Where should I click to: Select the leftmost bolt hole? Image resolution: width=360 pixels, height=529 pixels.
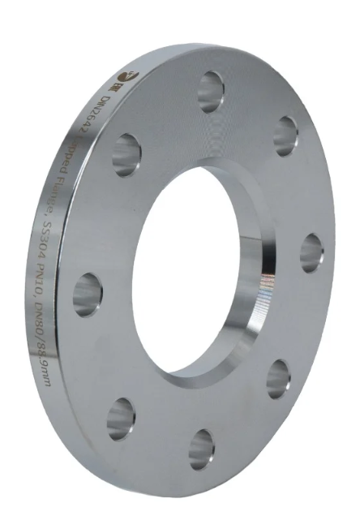(88, 294)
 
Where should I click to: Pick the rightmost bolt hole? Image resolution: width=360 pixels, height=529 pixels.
(311, 252)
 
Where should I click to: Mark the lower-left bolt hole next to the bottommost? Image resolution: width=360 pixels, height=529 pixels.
(120, 417)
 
